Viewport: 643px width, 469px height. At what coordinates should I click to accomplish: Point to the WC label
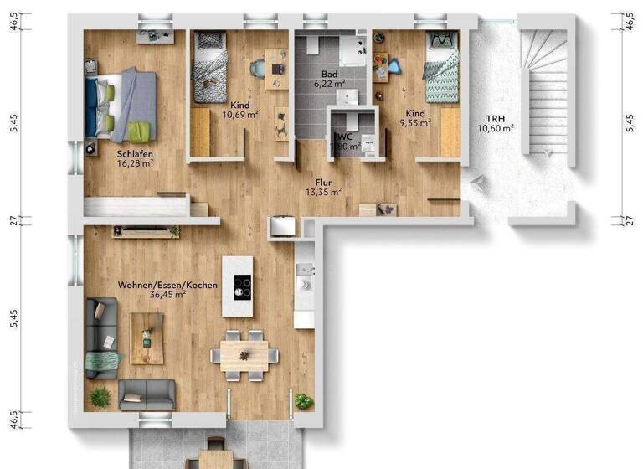343,137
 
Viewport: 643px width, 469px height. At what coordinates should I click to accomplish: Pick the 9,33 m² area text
414,123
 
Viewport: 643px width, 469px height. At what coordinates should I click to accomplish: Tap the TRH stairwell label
495,118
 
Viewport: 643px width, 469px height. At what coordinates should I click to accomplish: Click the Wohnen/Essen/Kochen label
167,285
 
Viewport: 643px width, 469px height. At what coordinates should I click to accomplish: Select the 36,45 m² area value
167,295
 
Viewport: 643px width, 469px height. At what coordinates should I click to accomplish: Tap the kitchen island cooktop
242,287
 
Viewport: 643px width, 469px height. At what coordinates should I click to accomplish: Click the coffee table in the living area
147,338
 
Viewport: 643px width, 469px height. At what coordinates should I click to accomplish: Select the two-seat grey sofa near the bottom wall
147,394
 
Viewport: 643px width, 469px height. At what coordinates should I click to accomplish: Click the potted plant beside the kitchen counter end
303,401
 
